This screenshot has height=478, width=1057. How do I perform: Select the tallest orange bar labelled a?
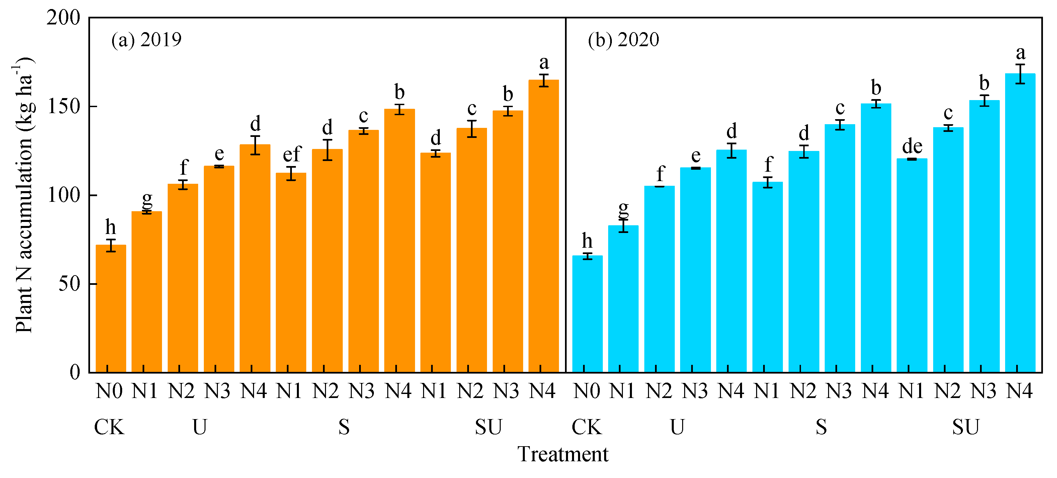pos(543,226)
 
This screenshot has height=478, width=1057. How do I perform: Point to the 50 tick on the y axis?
pos(69,284)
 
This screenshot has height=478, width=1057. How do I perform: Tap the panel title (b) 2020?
pos(623,40)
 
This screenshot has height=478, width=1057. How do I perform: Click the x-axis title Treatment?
pos(563,454)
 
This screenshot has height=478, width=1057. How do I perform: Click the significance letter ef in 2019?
pos(292,154)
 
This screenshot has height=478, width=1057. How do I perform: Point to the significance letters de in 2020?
pos(912,146)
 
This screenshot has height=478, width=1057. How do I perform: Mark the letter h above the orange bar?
pos(110,227)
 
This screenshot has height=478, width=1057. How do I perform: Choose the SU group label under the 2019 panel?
pos(488,427)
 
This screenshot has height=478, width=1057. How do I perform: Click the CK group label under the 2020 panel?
pos(586,427)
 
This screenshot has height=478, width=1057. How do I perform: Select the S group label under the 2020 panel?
pos(821,427)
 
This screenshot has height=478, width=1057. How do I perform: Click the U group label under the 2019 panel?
pos(199,427)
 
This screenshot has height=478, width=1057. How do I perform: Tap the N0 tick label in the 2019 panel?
pos(109,391)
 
